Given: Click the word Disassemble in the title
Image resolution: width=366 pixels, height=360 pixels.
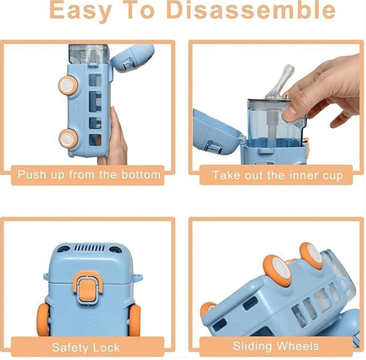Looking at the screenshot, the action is click(x=251, y=10).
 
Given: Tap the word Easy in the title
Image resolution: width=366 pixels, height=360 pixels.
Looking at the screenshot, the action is click(x=81, y=11).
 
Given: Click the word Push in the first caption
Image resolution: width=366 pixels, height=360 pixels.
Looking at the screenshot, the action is click(x=32, y=174).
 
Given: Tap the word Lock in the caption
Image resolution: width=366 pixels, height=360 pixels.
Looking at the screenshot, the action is click(x=106, y=348).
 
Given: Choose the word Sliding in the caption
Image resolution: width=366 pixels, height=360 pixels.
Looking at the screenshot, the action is click(x=252, y=346).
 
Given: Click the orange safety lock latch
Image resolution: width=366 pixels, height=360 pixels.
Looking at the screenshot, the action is click(x=87, y=289).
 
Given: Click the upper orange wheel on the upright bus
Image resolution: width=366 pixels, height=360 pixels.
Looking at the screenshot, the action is click(x=69, y=85).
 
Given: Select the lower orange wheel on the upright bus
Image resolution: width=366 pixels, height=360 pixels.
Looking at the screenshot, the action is click(x=68, y=139).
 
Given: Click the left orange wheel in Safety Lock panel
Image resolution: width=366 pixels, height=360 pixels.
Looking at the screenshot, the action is click(x=43, y=319).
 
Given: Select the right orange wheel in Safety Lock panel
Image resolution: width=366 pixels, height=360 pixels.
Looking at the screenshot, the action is click(x=134, y=320).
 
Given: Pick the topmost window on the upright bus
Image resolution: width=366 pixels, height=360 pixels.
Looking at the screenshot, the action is click(x=95, y=80).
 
